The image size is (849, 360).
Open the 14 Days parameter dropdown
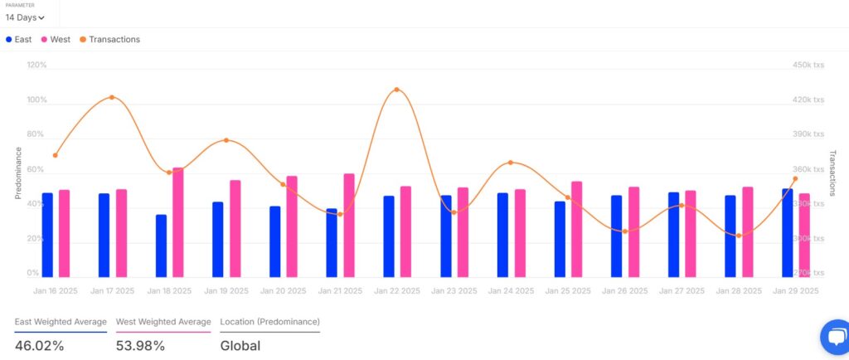click(25, 17)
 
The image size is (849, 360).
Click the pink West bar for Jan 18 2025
click(177, 222)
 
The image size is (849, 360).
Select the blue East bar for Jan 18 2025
click(161, 246)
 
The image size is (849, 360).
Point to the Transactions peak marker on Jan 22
click(396, 90)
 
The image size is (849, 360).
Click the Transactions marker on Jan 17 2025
click(112, 98)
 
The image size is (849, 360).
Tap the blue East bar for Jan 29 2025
click(787, 233)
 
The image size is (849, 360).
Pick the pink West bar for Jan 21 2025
click(349, 225)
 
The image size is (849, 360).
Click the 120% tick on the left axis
click(36, 65)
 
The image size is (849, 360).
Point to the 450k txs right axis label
click(808, 65)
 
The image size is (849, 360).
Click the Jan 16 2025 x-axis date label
click(55, 291)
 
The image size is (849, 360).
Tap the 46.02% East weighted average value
click(39, 346)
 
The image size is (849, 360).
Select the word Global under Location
click(240, 346)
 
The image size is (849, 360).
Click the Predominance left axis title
click(18, 173)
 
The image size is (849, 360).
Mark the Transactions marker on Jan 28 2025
click(738, 236)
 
